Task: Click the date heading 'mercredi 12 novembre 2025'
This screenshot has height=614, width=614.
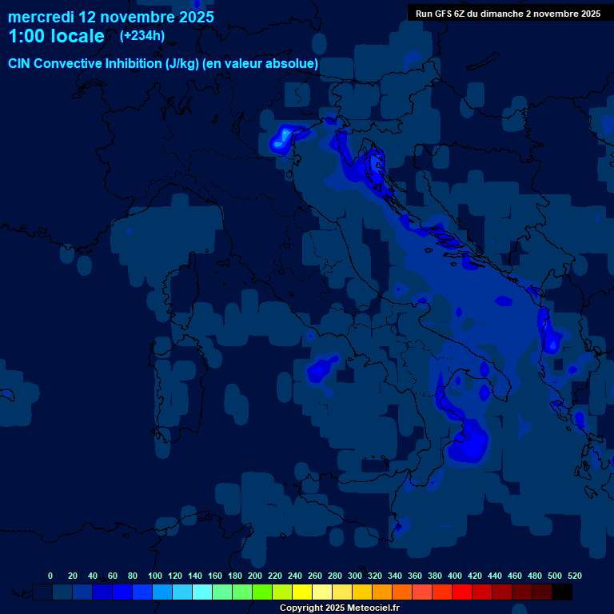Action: click(x=110, y=17)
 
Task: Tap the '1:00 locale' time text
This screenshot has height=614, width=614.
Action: click(x=56, y=36)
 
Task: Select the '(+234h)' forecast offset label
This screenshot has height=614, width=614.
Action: click(x=142, y=35)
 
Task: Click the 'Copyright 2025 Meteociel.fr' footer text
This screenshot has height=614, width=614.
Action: click(x=339, y=608)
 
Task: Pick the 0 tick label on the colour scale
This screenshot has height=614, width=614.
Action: click(x=50, y=576)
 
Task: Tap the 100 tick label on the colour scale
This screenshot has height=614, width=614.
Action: click(x=155, y=576)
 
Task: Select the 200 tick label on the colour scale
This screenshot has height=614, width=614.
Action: click(x=255, y=576)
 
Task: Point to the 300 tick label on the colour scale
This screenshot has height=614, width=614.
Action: click(x=355, y=576)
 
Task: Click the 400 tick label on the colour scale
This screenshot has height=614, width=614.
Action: click(x=455, y=576)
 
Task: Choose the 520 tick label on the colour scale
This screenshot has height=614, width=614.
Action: click(x=574, y=576)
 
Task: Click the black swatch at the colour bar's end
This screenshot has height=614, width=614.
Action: click(x=562, y=592)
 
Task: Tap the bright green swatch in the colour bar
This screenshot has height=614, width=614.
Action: click(x=262, y=592)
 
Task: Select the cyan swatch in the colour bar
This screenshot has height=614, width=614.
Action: click(x=202, y=592)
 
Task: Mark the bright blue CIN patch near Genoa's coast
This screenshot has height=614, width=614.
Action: click(x=282, y=138)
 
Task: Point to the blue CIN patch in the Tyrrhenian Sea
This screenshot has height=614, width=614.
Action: click(x=323, y=369)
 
